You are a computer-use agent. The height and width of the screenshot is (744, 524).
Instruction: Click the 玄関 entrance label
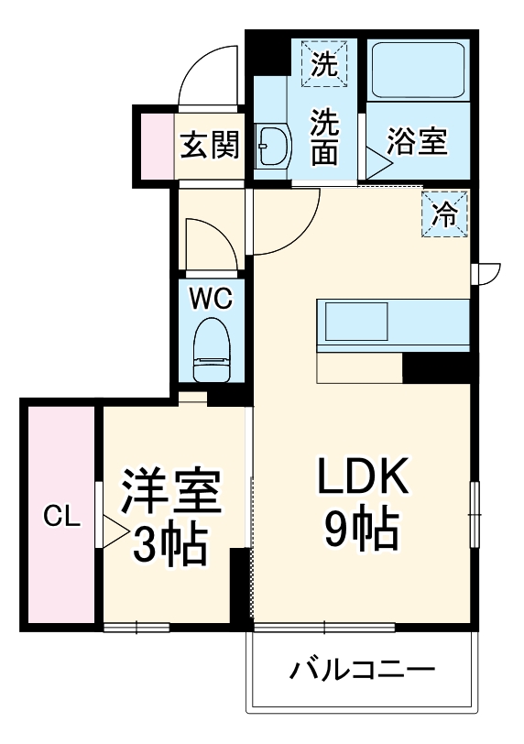209,145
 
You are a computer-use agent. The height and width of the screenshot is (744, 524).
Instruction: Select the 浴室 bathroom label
416,144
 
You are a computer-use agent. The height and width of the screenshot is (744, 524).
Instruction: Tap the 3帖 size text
169,546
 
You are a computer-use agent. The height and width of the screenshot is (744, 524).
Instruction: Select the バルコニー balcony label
361,671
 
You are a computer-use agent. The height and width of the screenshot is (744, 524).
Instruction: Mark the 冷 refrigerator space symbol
445,214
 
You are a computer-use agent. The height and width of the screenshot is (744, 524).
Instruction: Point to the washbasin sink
272,146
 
